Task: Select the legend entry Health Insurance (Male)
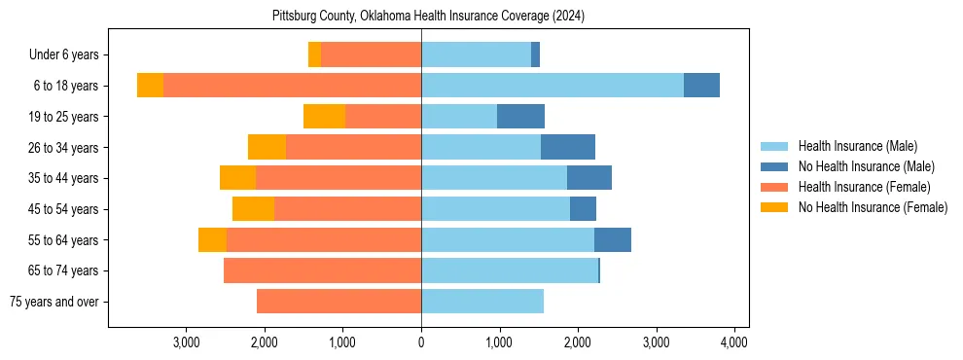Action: [x=857, y=146]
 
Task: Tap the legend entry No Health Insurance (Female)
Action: [x=873, y=207]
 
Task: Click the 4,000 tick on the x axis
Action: [x=733, y=342]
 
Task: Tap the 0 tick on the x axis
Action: [x=421, y=342]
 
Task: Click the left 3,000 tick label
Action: [x=186, y=342]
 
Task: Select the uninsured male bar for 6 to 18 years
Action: [x=701, y=86]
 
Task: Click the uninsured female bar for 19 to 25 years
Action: [x=324, y=117]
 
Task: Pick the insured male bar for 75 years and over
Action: [x=482, y=302]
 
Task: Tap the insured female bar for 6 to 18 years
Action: [x=292, y=86]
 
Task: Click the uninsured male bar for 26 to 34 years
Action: [x=567, y=147]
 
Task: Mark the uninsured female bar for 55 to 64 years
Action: [x=212, y=239]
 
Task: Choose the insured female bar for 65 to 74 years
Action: [x=322, y=270]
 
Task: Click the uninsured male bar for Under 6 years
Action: [x=535, y=55]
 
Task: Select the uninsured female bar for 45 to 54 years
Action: [x=253, y=209]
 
